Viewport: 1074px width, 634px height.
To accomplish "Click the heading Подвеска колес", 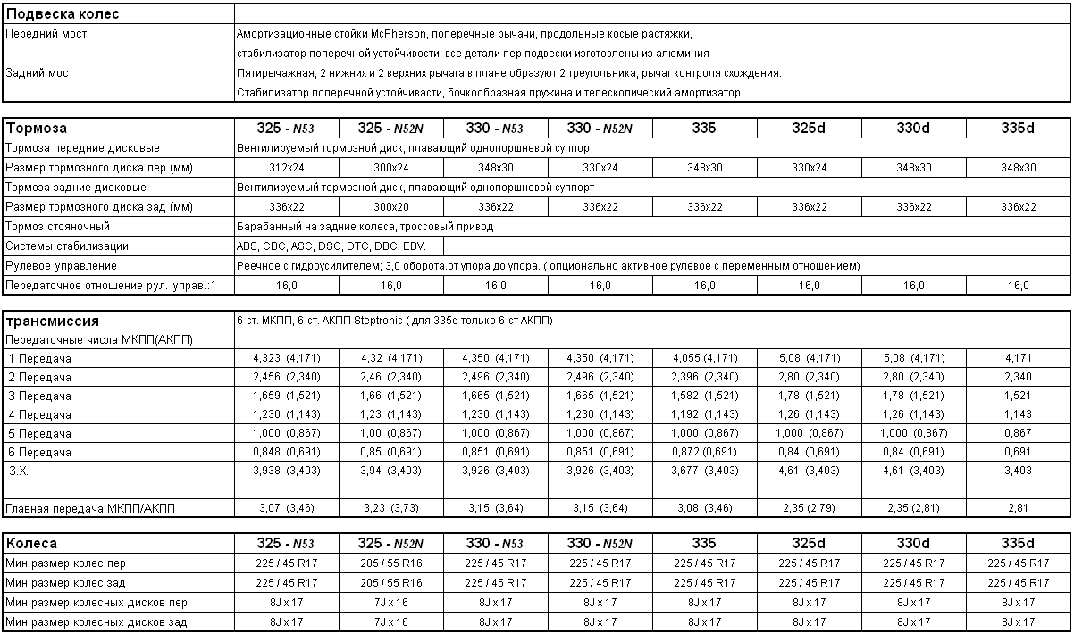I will pos(63,14).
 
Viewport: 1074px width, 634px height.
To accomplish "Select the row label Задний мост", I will pos(39,73).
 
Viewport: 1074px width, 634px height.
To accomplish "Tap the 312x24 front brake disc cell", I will pos(287,168).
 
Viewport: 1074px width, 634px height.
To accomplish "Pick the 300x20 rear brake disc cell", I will pos(391,207).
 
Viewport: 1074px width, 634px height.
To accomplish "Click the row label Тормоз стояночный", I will pos(57,227).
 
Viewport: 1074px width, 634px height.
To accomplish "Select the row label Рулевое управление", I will pos(61,266).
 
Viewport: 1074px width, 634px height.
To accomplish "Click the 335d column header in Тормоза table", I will pos(1018,129).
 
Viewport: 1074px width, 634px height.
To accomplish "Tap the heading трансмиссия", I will pos(53,321).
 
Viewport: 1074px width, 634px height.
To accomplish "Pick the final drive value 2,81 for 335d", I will pos(1018,509).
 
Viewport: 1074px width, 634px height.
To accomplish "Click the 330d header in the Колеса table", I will pos(913,544).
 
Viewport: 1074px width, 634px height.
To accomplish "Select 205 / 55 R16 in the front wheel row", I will pos(391,563).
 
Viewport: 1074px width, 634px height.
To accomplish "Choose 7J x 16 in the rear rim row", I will pos(391,622).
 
